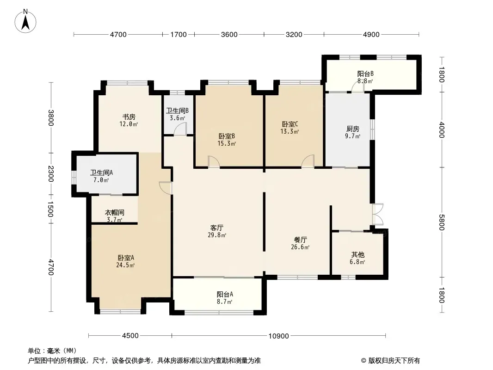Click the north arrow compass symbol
pos(25,21)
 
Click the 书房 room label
pos(129,117)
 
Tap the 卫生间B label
pos(177,111)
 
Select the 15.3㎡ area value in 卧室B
pos(227,144)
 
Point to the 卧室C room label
pos(290,124)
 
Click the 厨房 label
pos(353,129)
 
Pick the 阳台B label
pos(365,74)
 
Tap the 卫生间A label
pos(102,173)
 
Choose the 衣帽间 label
pos(114,212)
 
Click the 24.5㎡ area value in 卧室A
pos(125,265)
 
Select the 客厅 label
pos(217,228)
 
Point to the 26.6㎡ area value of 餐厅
pos(300,247)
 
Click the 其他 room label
pos(358,254)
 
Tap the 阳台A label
pos(225,294)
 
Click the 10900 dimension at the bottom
pos(278,336)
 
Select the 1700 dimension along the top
pos(179,35)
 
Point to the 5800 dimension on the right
pos(442,222)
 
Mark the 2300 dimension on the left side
pos(51,173)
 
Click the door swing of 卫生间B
pos(180,129)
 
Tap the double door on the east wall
pos(377,214)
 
